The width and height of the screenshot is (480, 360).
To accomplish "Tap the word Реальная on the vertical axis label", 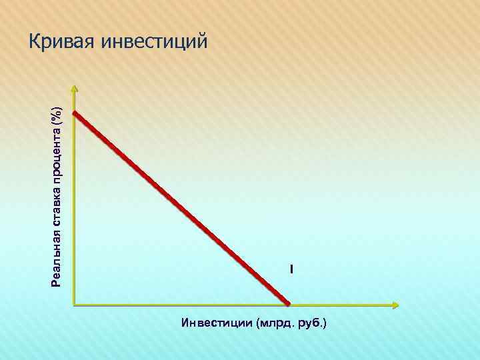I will coord(57,258).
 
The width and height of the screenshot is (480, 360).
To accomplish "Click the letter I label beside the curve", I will coord(291,269).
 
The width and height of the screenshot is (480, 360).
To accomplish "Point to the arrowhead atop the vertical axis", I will coord(74,88).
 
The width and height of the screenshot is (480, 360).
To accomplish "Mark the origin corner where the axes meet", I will coord(75,305).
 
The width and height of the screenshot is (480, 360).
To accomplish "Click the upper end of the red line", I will coord(75,113).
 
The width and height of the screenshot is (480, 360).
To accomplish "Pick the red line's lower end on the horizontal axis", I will coord(288,303).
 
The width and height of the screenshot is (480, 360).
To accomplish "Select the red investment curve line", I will coord(180,207).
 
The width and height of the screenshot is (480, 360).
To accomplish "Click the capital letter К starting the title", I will coord(35,42).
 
